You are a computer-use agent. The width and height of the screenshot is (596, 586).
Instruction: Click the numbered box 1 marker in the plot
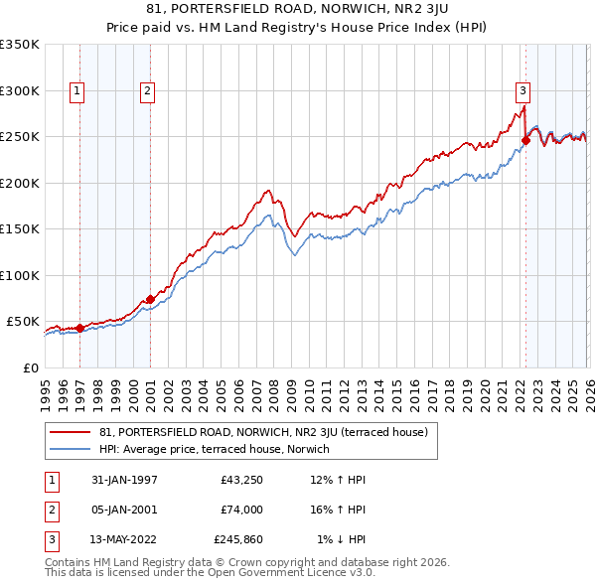click(x=77, y=91)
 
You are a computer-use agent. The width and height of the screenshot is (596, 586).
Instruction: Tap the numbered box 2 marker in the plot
click(x=147, y=91)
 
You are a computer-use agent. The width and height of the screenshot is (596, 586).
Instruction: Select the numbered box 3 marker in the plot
click(x=522, y=91)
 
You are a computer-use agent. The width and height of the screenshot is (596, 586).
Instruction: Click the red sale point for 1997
click(x=79, y=328)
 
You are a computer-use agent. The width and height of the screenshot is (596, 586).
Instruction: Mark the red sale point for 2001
click(x=150, y=299)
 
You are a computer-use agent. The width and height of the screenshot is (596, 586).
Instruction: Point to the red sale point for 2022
click(x=525, y=140)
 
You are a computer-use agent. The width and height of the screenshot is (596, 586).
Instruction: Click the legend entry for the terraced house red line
click(x=263, y=432)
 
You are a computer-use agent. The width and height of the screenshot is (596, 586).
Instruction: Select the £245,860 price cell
click(x=238, y=539)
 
